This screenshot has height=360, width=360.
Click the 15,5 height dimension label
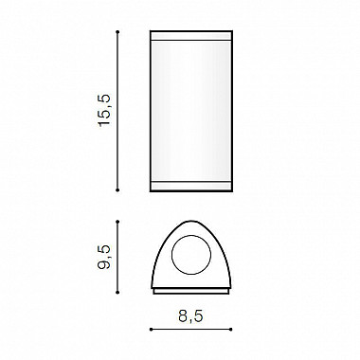pos(105,110)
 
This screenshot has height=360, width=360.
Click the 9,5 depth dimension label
pos(104,257)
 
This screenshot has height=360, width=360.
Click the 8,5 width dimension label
pos(190,316)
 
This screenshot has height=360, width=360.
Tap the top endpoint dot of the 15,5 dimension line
pos(117,32)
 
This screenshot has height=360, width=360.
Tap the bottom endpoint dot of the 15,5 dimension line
pos(117,190)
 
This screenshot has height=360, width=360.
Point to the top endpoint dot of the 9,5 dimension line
pos(117,222)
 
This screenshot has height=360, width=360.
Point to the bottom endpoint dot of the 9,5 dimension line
pos(117,293)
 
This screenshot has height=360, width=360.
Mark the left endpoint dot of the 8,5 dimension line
pos(151,330)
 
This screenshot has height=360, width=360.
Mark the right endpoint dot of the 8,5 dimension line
pos(231,330)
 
